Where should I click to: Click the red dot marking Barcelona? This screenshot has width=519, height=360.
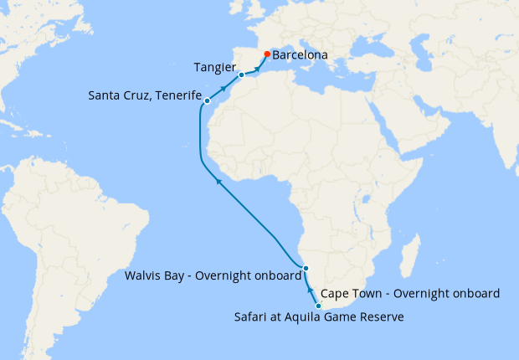pyautogui.click(x=266, y=54)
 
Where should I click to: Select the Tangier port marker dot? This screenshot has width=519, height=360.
pyautogui.click(x=241, y=75)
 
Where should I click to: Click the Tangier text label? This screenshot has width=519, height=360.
pyautogui.click(x=213, y=67)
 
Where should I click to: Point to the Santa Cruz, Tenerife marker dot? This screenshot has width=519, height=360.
pyautogui.click(x=207, y=101)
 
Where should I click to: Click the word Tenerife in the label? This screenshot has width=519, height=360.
pyautogui.click(x=176, y=95)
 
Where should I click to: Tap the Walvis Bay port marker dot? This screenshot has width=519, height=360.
pyautogui.click(x=306, y=269)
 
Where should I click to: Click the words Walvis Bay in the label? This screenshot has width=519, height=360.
pyautogui.click(x=152, y=275)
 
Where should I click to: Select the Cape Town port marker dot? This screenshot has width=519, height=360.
pyautogui.click(x=318, y=306)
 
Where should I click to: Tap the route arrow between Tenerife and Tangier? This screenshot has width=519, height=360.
pyautogui.click(x=224, y=87)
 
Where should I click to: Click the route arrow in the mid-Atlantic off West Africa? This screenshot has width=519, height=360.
pyautogui.click(x=218, y=179)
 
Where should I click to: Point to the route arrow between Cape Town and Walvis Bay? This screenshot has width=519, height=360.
pyautogui.click(x=311, y=290)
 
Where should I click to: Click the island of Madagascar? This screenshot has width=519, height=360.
pyautogui.click(x=410, y=251)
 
